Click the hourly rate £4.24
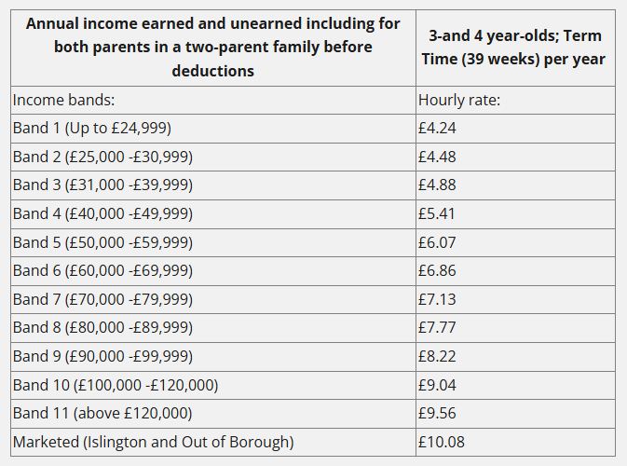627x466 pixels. pyautogui.click(x=437, y=128)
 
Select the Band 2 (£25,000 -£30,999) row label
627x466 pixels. pyautogui.click(x=102, y=157)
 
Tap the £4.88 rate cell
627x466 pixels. pyautogui.click(x=437, y=185)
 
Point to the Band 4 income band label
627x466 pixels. pyautogui.click(x=102, y=213)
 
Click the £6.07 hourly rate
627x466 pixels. pyautogui.click(x=437, y=242)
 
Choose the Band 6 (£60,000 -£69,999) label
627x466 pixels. pyautogui.click(x=102, y=270)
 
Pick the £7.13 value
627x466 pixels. pyautogui.click(x=437, y=299)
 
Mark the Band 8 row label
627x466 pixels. pyautogui.click(x=102, y=327)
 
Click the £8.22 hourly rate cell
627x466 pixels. pyautogui.click(x=437, y=356)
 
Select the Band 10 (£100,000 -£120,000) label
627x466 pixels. pyautogui.click(x=116, y=384)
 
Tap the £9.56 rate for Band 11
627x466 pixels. pyautogui.click(x=437, y=413)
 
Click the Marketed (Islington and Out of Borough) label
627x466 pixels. pyautogui.click(x=153, y=441)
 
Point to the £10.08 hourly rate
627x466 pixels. pyautogui.click(x=441, y=441)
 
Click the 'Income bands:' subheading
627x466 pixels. pyautogui.click(x=63, y=100)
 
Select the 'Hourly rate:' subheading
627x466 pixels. pyautogui.click(x=458, y=100)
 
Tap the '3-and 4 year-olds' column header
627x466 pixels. pyautogui.click(x=515, y=48)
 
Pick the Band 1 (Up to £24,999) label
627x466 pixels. pyautogui.click(x=91, y=128)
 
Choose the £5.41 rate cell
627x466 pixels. pyautogui.click(x=437, y=213)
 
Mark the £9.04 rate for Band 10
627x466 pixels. pyautogui.click(x=437, y=384)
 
